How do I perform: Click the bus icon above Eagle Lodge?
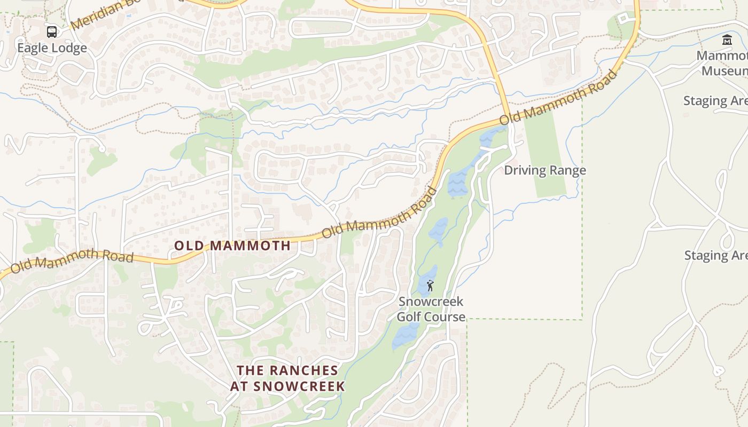click(51, 32)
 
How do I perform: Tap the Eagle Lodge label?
click(52, 48)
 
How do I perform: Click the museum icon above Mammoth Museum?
click(727, 39)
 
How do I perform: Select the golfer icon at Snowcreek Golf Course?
click(430, 286)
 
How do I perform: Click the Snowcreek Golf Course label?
click(431, 309)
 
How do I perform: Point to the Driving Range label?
click(545, 170)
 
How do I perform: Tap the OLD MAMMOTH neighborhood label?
click(233, 246)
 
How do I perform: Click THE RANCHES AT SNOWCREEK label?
click(287, 378)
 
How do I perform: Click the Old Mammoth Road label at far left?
click(72, 259)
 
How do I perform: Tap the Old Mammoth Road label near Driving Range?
click(559, 98)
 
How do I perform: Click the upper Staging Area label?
click(715, 101)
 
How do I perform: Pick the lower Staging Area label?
click(715, 255)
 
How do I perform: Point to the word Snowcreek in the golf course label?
click(431, 302)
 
